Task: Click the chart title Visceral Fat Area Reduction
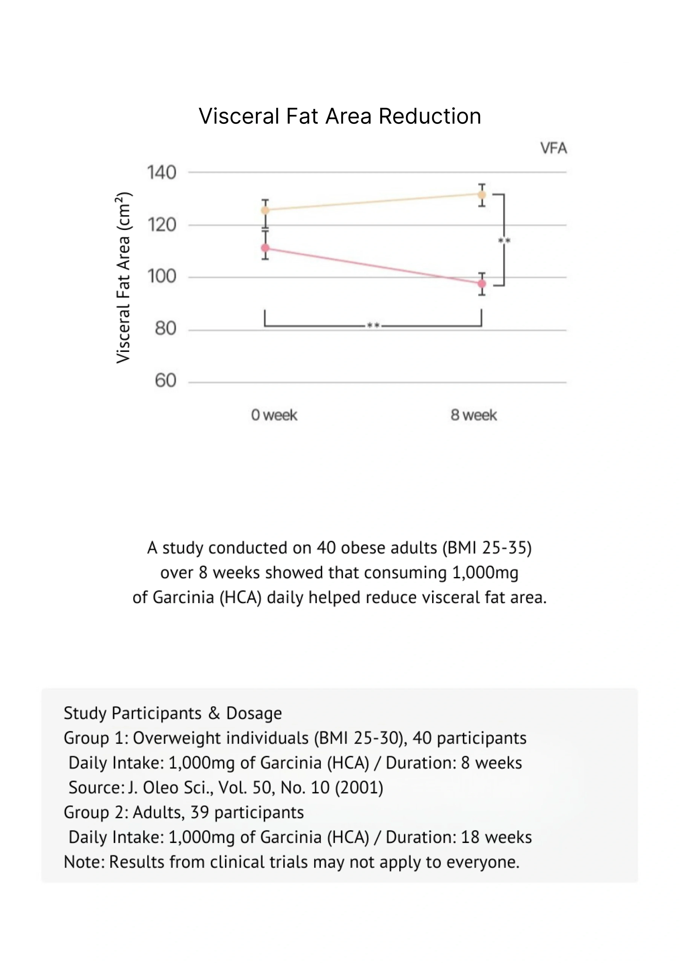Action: (x=340, y=116)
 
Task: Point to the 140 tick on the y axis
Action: (x=161, y=172)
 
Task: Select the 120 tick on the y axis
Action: (x=161, y=225)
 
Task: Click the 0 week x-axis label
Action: (x=274, y=415)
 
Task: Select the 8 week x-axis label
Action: (x=474, y=415)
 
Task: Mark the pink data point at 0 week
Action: (x=265, y=248)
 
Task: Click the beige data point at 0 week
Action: (x=265, y=210)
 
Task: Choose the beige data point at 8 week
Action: (x=482, y=195)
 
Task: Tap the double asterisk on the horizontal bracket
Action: (x=373, y=325)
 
